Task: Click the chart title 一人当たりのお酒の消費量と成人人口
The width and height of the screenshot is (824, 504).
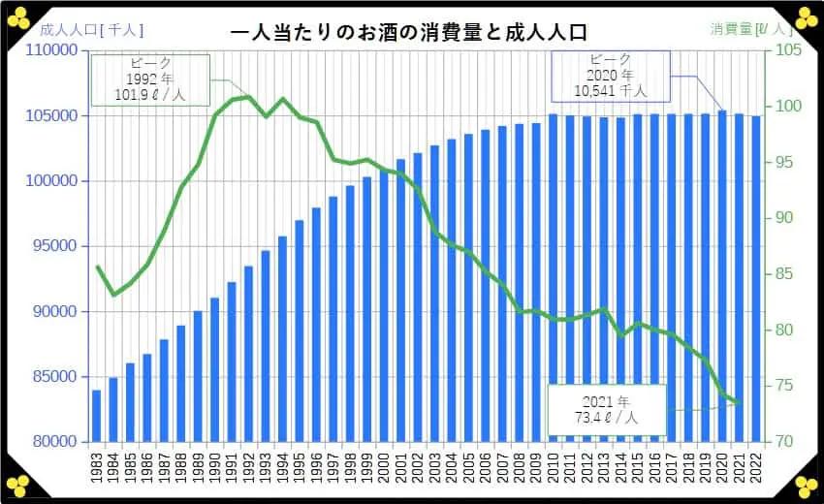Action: coord(409,31)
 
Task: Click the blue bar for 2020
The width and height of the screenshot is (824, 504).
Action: coord(722,276)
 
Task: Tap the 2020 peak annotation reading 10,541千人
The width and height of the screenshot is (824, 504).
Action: coord(610,77)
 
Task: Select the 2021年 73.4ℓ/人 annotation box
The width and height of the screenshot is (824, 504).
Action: coord(606,410)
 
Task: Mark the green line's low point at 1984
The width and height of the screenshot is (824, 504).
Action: coord(113,295)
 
